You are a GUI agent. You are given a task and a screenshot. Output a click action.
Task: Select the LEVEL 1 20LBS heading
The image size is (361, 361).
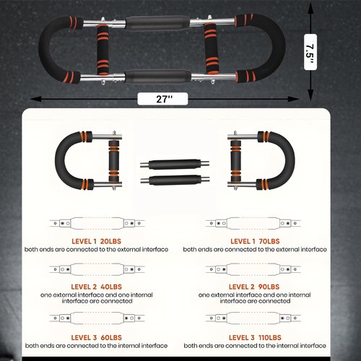pyautogui.click(x=96, y=241)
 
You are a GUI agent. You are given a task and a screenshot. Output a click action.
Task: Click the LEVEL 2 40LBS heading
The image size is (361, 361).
pyautogui.click(x=96, y=287)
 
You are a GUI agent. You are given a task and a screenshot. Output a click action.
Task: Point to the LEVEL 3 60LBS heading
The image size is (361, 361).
pyautogui.click(x=96, y=338)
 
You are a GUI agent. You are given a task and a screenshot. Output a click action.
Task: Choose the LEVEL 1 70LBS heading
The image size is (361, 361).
pyautogui.click(x=255, y=241)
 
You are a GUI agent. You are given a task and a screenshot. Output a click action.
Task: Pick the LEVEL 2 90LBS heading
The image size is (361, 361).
pyautogui.click(x=254, y=287)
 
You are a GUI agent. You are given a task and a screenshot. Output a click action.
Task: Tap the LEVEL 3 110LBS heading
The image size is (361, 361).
pyautogui.click(x=255, y=338)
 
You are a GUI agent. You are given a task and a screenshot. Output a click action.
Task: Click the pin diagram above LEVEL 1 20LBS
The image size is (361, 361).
pyautogui.click(x=97, y=223)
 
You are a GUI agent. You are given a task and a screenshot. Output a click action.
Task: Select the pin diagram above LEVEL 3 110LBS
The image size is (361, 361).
pyautogui.click(x=253, y=318)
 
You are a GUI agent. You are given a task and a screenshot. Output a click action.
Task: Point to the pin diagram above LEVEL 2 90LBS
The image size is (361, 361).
pyautogui.click(x=253, y=269)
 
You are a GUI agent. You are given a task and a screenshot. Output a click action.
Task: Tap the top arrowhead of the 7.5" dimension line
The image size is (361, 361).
pyautogui.click(x=310, y=9)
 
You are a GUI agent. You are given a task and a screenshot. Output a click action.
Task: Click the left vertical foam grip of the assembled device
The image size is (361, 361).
pyautogui.click(x=103, y=50)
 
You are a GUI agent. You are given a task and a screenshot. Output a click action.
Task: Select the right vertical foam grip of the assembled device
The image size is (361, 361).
pyautogui.click(x=212, y=48)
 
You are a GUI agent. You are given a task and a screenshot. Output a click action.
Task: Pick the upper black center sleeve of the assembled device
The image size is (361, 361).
pyautogui.click(x=157, y=23)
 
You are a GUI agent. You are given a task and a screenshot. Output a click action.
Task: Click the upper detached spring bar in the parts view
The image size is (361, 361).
pyautogui.click(x=175, y=165)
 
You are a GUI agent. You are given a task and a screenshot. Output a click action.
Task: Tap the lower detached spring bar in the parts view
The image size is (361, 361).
pyautogui.click(x=175, y=180)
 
